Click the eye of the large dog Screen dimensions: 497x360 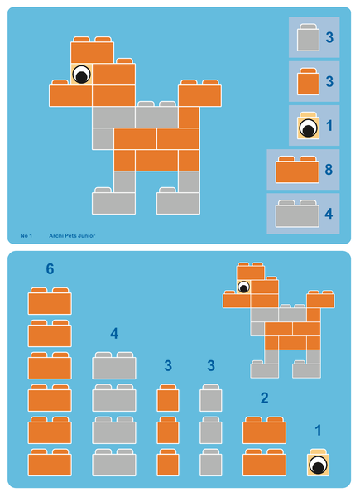(x=81, y=75)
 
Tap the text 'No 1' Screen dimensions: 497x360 (x=26, y=236)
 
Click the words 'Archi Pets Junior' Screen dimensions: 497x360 (x=72, y=236)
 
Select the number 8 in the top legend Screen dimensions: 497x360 (x=329, y=170)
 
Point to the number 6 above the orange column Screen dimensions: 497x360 (x=50, y=269)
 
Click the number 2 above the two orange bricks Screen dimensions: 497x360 (x=264, y=398)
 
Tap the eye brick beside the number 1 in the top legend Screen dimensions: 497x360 (x=308, y=128)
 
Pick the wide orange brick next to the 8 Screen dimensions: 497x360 (x=297, y=171)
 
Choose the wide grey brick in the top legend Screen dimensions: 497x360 (x=297, y=215)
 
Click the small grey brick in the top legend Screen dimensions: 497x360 (x=309, y=39)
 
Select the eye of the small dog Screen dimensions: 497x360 (x=243, y=287)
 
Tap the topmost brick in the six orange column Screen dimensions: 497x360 (x=50, y=302)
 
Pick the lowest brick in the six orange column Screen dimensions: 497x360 (x=50, y=461)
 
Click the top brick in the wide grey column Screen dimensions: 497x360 (x=114, y=365)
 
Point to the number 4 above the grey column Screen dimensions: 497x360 (x=115, y=334)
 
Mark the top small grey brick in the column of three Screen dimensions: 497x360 (x=210, y=398)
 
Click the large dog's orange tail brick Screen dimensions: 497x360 (x=199, y=94)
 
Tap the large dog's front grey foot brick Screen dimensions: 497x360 (x=113, y=201)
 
